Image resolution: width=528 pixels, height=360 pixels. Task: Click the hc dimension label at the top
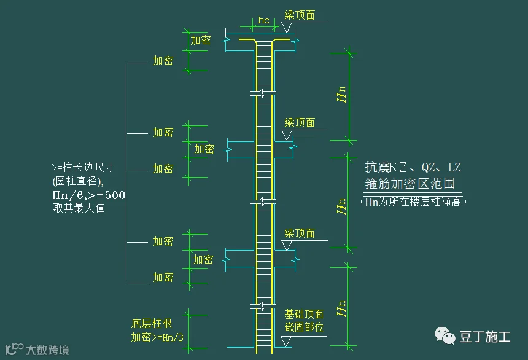263,20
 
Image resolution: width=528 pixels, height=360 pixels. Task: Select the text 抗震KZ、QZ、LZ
413,167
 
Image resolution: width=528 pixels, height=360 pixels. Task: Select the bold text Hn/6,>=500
89,195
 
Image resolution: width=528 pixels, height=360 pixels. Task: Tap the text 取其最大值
79,208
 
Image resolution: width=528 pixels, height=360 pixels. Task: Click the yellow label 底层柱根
151,324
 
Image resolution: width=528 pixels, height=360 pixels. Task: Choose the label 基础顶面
304,315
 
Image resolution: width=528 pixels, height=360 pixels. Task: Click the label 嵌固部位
304,327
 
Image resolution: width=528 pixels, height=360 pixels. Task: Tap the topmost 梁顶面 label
300,15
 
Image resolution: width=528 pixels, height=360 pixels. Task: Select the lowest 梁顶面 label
300,233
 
